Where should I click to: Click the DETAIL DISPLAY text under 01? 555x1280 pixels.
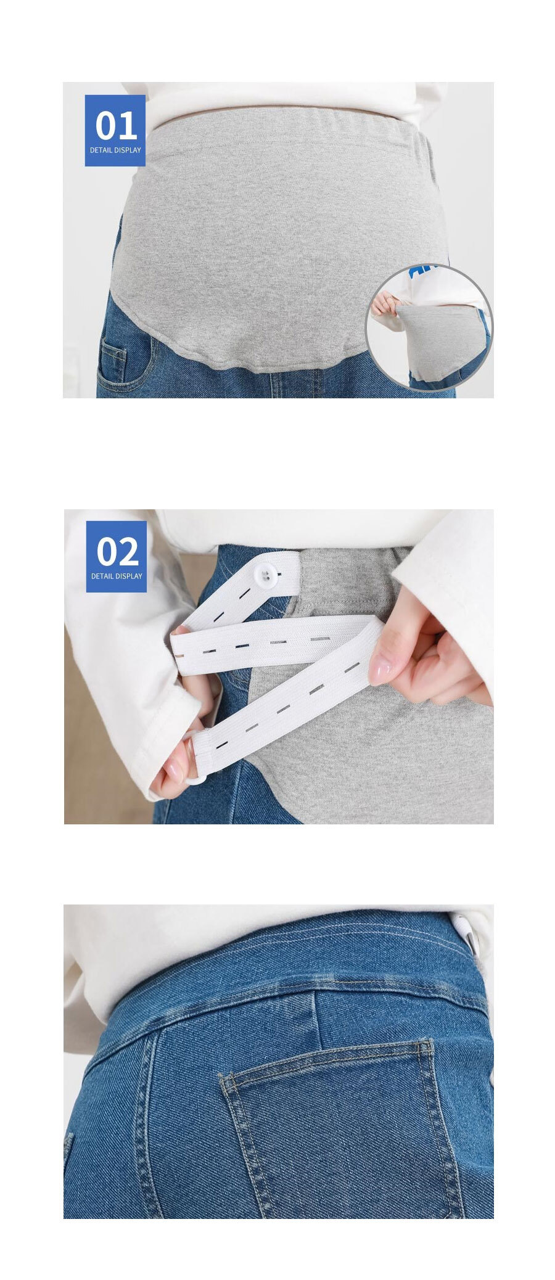pos(115,150)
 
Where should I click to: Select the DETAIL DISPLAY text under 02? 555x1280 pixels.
pos(117,576)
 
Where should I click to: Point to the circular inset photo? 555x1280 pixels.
pos(429,327)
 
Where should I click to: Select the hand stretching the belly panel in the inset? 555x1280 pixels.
pos(384,303)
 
